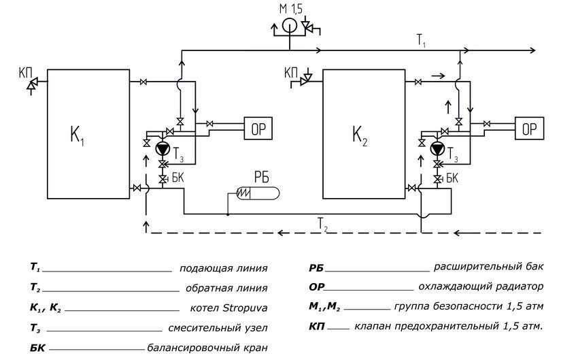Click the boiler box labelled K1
click(x=88, y=133)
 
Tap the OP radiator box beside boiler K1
click(x=258, y=128)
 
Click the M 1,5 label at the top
click(x=292, y=9)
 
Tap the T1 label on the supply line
click(x=422, y=41)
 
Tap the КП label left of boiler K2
click(x=291, y=71)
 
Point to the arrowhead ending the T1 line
click(x=532, y=50)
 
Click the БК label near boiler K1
click(x=178, y=178)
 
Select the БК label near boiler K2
click(x=451, y=178)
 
